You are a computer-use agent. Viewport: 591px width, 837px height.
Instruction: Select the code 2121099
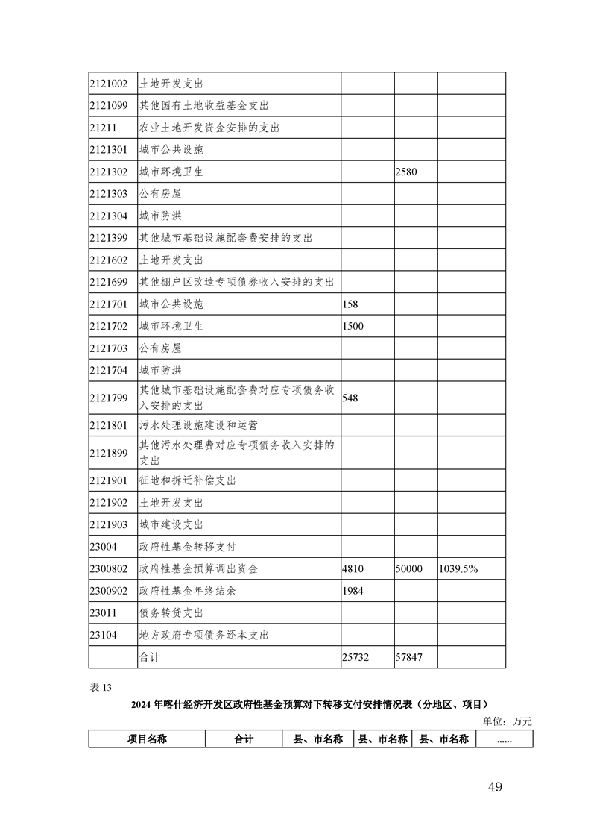click(108, 106)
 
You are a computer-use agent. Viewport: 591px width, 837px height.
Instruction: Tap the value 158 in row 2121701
click(350, 304)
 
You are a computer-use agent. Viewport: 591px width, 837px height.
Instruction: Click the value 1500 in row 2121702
click(353, 327)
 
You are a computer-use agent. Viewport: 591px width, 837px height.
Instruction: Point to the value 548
click(350, 398)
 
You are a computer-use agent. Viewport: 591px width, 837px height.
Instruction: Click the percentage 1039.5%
click(458, 569)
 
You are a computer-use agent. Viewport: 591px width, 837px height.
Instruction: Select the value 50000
click(409, 569)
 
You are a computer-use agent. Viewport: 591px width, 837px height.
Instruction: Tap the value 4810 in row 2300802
click(353, 569)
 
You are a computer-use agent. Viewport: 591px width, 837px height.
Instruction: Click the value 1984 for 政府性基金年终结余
click(353, 591)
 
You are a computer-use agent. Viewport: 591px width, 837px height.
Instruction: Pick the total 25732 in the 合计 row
click(355, 657)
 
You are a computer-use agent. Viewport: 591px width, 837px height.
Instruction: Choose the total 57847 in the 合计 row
click(409, 657)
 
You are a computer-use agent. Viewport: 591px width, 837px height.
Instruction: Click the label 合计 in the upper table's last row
click(150, 657)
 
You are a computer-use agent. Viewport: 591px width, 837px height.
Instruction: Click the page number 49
click(495, 786)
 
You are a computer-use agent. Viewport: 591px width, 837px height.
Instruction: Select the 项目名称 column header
click(147, 739)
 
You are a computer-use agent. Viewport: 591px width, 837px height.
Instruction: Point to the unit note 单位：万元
click(508, 721)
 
